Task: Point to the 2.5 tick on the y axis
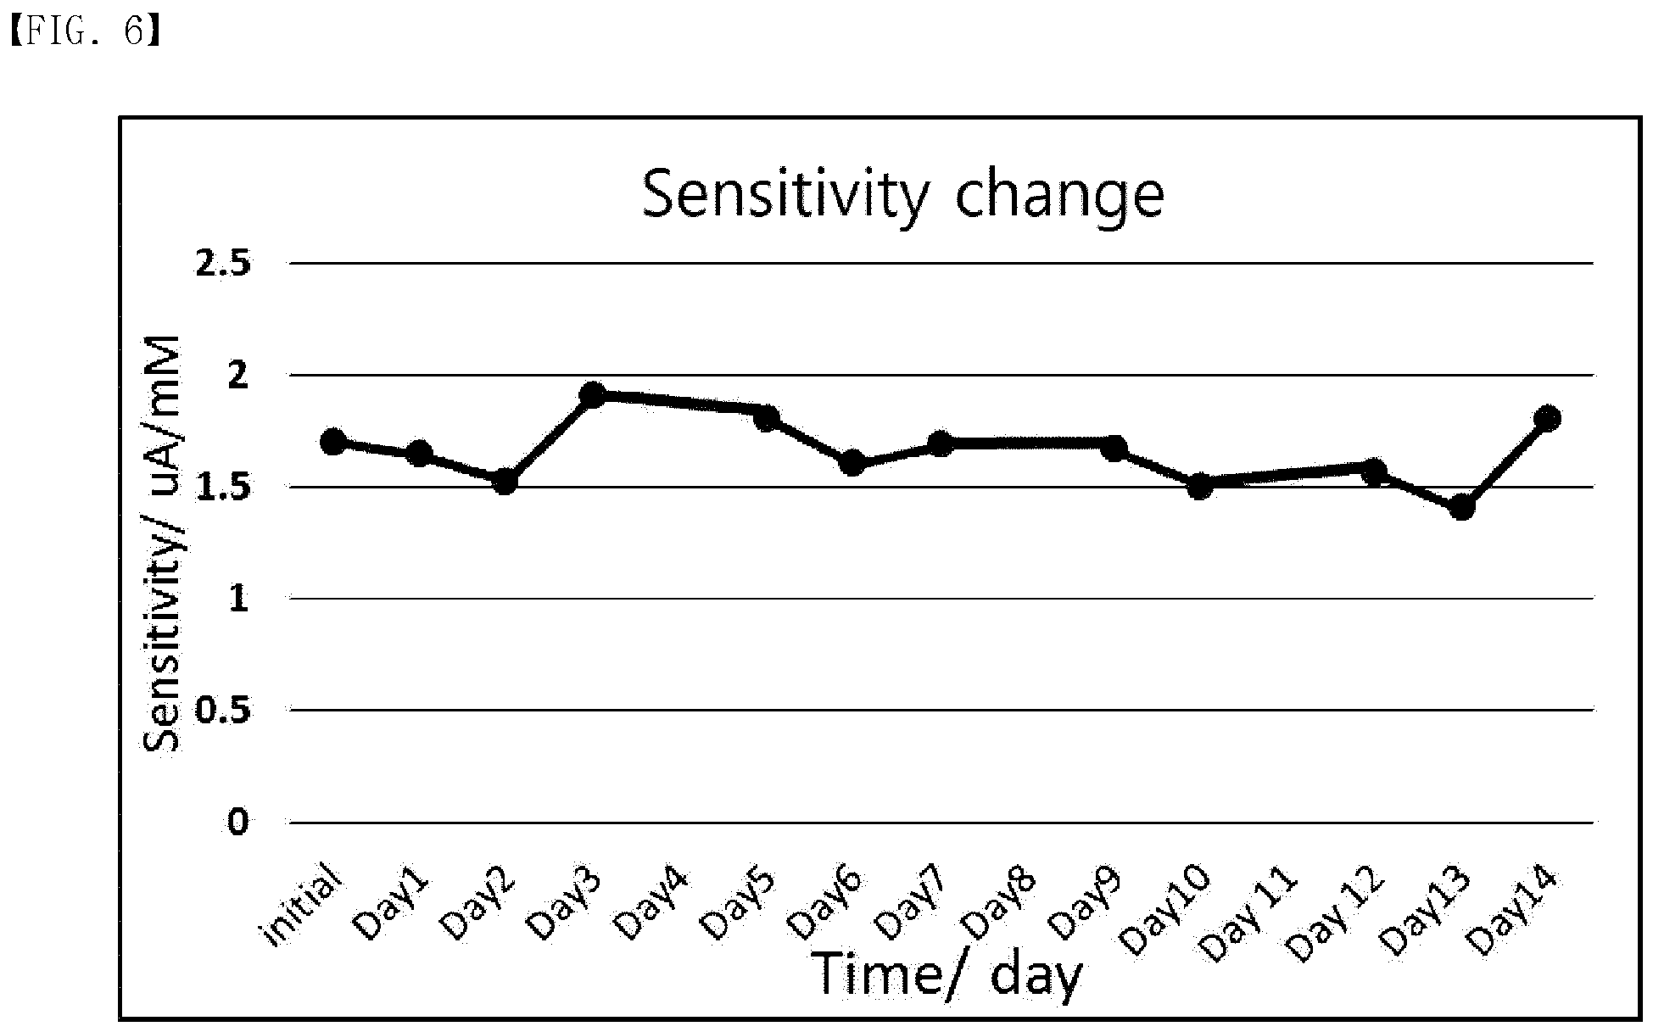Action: pos(224,264)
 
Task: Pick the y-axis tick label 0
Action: pos(238,822)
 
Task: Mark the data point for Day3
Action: pos(594,394)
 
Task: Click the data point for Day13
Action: pos(1461,508)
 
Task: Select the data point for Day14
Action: pos(1548,418)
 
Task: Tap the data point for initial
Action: pos(333,441)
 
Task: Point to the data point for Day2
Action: pos(505,482)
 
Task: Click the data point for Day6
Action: pos(852,463)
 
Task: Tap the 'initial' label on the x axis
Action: pos(304,904)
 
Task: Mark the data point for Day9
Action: pos(1114,447)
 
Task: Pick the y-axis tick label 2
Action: pos(238,375)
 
